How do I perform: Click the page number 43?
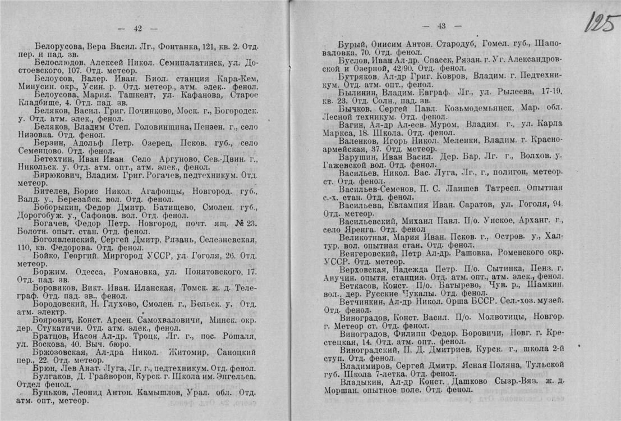pos(441,26)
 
